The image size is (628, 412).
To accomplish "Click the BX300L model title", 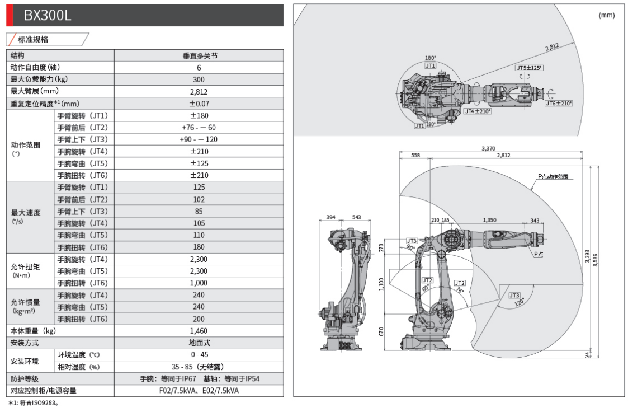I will click(48, 16).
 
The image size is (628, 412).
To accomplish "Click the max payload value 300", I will click(199, 79).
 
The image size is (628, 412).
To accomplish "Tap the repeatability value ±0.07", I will click(199, 104).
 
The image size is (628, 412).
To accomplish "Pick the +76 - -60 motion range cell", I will click(199, 128).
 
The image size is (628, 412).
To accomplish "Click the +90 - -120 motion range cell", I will click(199, 139).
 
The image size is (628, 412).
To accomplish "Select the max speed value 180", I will click(199, 247).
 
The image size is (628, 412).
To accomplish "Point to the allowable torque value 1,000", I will click(199, 283).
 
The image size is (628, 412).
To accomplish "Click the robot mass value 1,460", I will click(199, 331).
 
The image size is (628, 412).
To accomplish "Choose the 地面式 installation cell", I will click(199, 343).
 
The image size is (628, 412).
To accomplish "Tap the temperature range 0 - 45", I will click(199, 355).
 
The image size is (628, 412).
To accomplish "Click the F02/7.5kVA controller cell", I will click(199, 391).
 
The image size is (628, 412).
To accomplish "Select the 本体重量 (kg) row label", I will click(34, 331).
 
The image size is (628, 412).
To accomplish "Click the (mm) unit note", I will click(607, 16).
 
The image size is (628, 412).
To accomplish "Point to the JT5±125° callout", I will click(529, 68).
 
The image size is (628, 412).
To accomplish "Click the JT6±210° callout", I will click(559, 103).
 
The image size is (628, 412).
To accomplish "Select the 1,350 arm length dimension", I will click(489, 220).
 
